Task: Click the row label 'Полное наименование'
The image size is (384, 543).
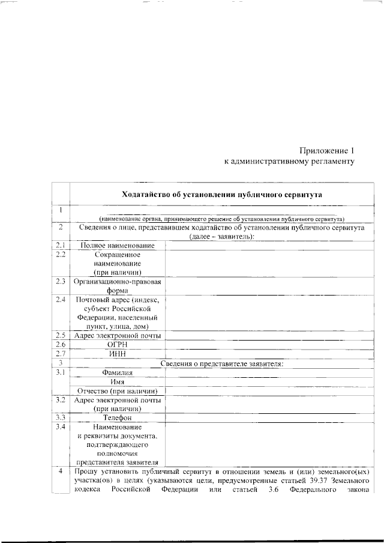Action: [118, 246]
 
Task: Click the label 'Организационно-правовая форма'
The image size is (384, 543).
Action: [118, 286]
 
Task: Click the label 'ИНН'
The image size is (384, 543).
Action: [118, 354]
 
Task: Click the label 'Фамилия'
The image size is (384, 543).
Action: [118, 372]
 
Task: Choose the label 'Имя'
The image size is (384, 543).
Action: [118, 382]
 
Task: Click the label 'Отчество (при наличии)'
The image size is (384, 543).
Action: [118, 391]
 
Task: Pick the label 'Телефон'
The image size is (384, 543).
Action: [118, 417]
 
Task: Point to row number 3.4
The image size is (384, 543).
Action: [61, 427]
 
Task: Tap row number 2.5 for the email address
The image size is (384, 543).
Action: [61, 335]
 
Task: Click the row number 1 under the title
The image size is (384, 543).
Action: [61, 210]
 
